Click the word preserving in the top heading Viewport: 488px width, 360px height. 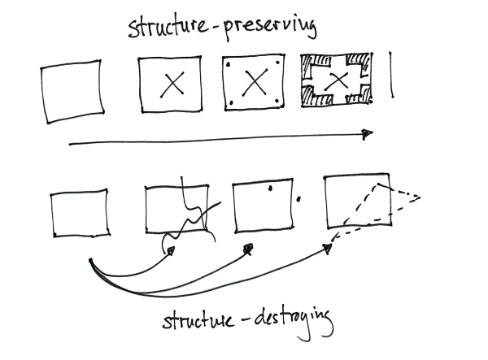tap(269, 30)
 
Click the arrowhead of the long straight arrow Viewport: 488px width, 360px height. tap(368, 133)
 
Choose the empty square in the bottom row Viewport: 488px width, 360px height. tap(79, 212)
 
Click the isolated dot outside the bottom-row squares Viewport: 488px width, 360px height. tap(300, 197)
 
